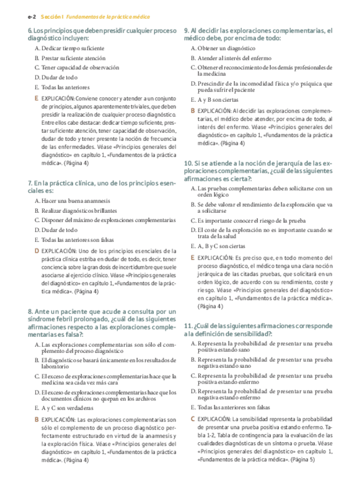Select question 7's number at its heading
pyautogui.click(x=29, y=183)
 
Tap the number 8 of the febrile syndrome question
pyautogui.click(x=29, y=311)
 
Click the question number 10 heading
pyautogui.click(x=188, y=163)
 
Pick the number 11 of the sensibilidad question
pyautogui.click(x=188, y=325)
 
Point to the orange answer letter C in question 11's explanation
pyautogui.click(x=193, y=419)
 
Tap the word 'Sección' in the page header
pyautogui.click(x=50, y=18)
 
